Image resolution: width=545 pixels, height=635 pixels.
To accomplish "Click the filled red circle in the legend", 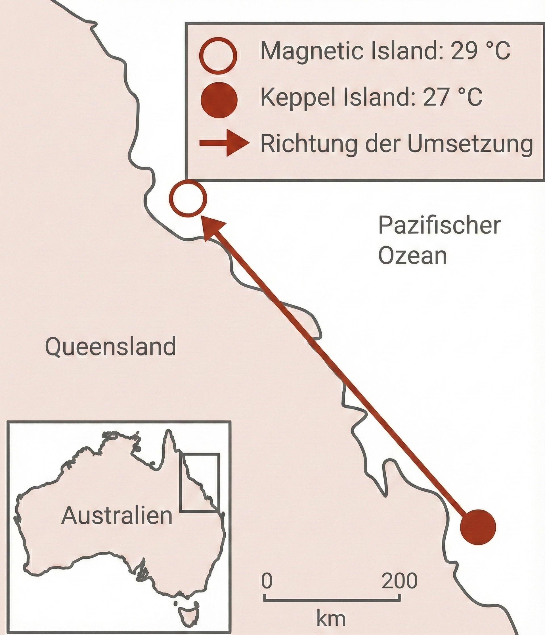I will point(219,100).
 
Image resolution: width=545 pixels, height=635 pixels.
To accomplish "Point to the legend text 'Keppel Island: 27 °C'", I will point(371,97).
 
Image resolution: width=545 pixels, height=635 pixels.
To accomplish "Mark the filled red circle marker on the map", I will point(478,527).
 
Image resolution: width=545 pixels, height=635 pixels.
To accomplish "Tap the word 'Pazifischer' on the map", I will point(439,226).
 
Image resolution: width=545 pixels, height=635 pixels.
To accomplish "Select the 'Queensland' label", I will point(110,347).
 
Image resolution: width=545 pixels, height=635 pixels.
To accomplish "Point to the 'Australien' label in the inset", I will point(117,515).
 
